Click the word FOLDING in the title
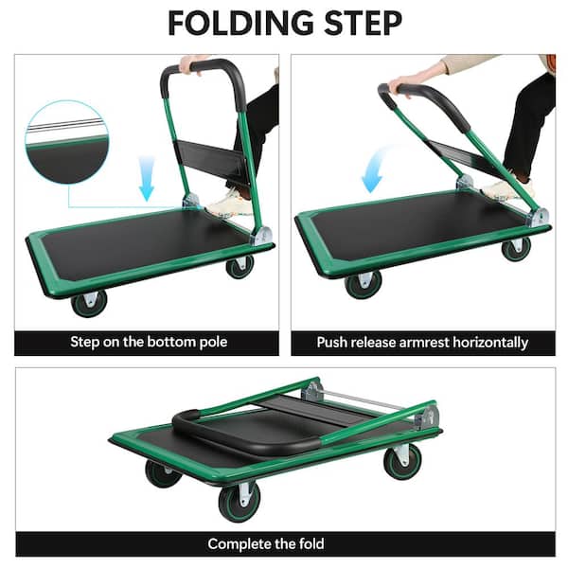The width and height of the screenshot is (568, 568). (x=240, y=23)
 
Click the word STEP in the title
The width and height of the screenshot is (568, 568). (x=363, y=23)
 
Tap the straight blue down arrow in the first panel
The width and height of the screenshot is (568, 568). (x=147, y=178)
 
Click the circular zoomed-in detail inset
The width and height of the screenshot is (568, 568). (x=67, y=142)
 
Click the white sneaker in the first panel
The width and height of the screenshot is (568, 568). (x=229, y=204)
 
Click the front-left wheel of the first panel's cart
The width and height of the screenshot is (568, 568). (x=89, y=303)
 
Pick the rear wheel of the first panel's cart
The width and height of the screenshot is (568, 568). (x=240, y=267)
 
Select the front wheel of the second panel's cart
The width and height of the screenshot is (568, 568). (x=363, y=285)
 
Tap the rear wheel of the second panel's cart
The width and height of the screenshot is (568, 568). (x=516, y=248)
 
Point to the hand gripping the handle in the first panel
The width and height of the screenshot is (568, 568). (x=190, y=64)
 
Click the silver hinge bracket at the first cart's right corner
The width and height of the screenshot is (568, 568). (x=262, y=237)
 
